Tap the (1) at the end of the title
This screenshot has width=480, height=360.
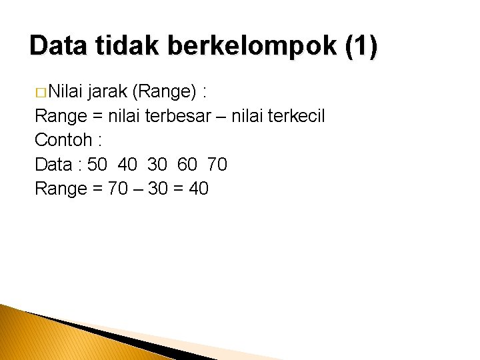point(361,46)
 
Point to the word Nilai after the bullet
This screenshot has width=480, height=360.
point(63,91)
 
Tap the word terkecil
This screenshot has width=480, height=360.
point(295,116)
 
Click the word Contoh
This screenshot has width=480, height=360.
point(62,140)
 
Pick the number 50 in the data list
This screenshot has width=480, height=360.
point(97,164)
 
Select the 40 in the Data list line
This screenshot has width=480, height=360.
point(127,164)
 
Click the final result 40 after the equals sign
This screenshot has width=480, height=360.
point(199,189)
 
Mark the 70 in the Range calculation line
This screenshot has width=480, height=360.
point(117,189)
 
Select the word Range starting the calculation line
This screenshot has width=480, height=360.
point(61,189)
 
